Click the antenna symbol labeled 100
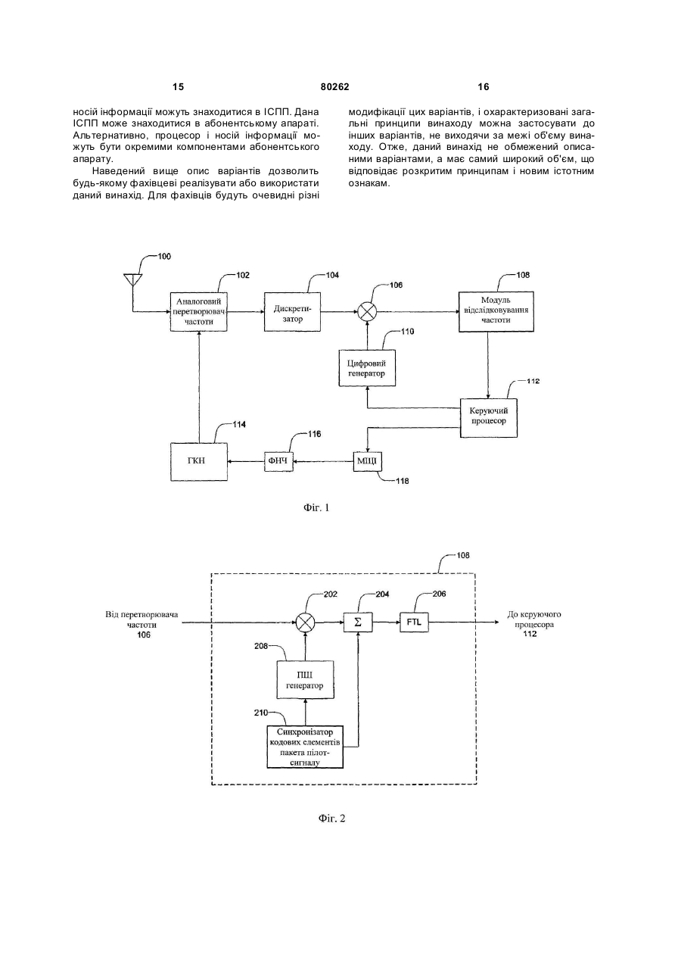[132, 279]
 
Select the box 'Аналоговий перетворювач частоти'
[198, 311]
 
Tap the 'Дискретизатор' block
[292, 311]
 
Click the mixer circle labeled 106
[367, 311]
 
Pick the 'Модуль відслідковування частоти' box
[496, 311]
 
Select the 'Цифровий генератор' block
[367, 368]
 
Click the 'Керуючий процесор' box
[489, 418]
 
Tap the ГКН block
[198, 462]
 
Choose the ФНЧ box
[278, 462]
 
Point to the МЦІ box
[368, 462]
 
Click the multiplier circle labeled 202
[305, 622]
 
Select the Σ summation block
[358, 622]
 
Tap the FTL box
[415, 622]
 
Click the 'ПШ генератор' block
[305, 679]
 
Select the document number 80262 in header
[335, 87]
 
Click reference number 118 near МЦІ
[403, 481]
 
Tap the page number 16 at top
[484, 87]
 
